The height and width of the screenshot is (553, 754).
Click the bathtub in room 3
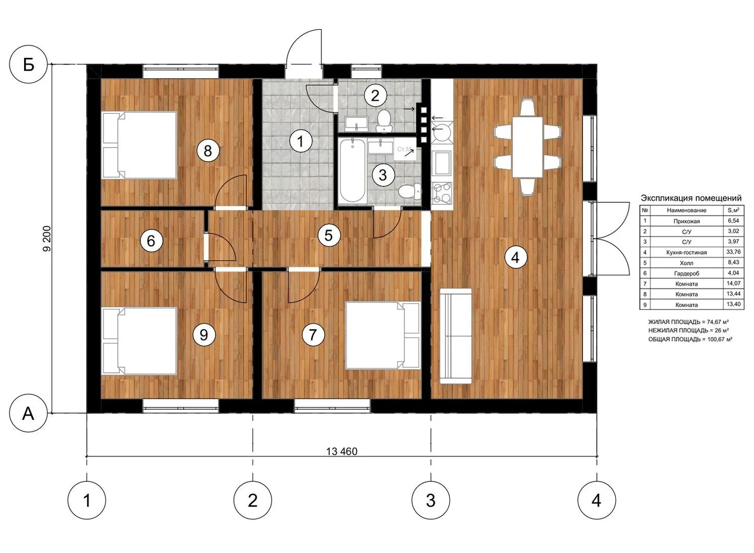click(352, 171)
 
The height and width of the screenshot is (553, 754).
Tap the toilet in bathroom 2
click(384, 121)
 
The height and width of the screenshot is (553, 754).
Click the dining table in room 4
click(527, 147)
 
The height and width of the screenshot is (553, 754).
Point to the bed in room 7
click(383, 335)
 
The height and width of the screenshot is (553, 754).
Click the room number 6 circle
click(151, 241)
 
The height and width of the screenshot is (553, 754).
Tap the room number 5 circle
click(329, 236)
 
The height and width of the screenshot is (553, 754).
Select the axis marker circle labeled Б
click(29, 65)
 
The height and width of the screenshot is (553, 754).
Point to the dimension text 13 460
click(341, 451)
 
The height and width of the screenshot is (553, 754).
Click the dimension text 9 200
click(47, 239)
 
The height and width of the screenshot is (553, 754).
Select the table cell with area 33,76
click(734, 252)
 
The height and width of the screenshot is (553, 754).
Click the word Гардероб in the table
click(686, 273)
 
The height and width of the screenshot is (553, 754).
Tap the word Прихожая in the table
click(686, 221)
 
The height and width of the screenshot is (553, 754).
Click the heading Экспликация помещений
click(691, 198)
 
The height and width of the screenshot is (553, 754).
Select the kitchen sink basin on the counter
click(442, 163)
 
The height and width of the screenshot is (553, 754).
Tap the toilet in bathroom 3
click(410, 192)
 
